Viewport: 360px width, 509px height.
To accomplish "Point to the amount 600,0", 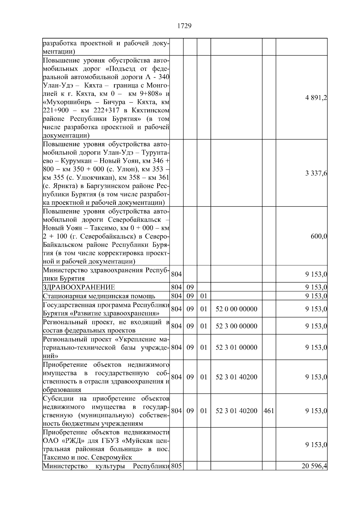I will [319, 236].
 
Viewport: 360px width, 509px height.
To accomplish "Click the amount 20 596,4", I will [315, 466].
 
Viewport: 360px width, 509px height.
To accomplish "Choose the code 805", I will [176, 466].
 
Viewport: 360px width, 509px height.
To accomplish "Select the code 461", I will [269, 411].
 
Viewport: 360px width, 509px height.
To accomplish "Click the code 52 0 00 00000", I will [236, 309].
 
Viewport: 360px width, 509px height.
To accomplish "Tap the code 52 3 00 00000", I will [236, 326].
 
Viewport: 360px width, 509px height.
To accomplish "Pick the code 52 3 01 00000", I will [236, 347].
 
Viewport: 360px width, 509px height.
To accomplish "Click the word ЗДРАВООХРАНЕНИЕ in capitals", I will [79, 287].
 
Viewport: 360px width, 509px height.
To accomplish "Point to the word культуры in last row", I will [110, 466].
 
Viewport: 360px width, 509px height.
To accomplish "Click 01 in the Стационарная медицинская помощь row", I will [204, 296].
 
